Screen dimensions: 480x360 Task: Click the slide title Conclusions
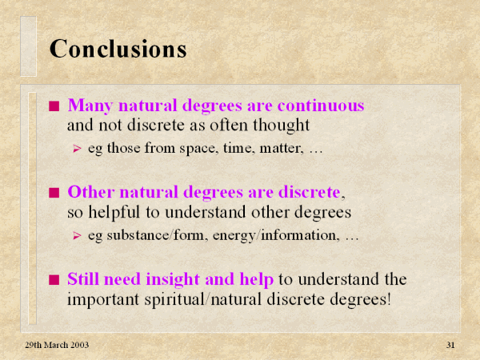point(118,49)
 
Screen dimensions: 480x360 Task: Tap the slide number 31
point(450,345)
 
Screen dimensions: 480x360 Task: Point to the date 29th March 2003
point(57,345)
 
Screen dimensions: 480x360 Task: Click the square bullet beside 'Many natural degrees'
point(54,106)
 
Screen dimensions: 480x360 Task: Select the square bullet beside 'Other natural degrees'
point(54,193)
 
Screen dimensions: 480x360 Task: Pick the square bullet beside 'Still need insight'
point(54,280)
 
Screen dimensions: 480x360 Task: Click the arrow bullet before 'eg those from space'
point(77,149)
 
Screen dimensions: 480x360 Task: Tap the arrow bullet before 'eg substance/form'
point(77,236)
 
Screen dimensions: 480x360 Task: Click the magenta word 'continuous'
point(321,106)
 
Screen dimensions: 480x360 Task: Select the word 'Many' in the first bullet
point(90,106)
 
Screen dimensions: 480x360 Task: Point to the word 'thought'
point(281,126)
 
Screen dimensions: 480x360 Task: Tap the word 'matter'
point(282,148)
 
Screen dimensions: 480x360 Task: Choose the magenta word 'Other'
point(91,192)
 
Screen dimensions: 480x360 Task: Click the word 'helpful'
point(114,213)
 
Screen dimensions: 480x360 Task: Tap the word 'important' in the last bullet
point(103,299)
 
